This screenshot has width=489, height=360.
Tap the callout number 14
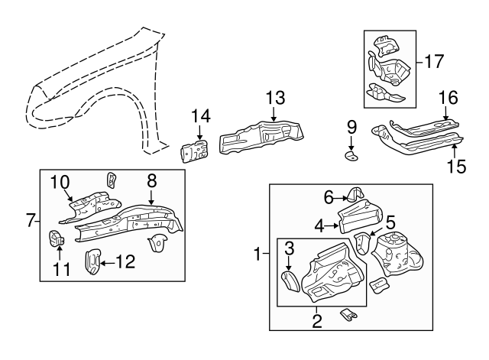click(x=200, y=115)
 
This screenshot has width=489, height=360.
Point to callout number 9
click(x=351, y=126)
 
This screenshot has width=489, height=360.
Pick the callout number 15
click(x=455, y=166)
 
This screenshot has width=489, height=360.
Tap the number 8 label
click(x=151, y=180)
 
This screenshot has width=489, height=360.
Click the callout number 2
click(x=316, y=320)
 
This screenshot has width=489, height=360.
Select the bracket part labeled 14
click(x=196, y=151)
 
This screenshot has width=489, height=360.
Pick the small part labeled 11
click(x=57, y=238)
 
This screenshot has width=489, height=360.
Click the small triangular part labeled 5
click(x=364, y=244)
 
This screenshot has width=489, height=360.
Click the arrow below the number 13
click(x=274, y=114)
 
